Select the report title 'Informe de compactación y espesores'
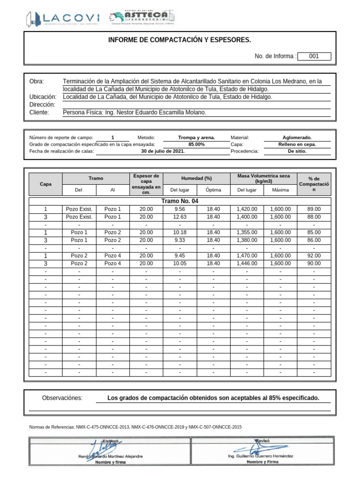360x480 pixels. coord(180,41)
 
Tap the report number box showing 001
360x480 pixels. coord(314,56)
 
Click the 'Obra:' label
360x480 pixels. coord(36,82)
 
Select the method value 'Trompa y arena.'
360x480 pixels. coord(196,137)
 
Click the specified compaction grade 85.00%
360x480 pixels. coord(196,144)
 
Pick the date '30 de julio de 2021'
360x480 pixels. coord(163,151)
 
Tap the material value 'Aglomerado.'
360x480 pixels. coord(297,137)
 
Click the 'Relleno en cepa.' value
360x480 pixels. coord(297,144)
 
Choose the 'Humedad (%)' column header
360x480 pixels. coord(197,179)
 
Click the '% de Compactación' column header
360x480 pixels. coord(314,184)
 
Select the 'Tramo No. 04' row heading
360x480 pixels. coord(180,201)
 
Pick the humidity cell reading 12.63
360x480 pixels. coord(180,217)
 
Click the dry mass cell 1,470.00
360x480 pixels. coord(247,256)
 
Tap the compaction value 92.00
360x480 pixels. coord(314,256)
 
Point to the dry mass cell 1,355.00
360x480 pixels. coord(247,232)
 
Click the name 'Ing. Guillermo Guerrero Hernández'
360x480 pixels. coord(260,456)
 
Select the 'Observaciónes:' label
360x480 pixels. coord(62,398)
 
